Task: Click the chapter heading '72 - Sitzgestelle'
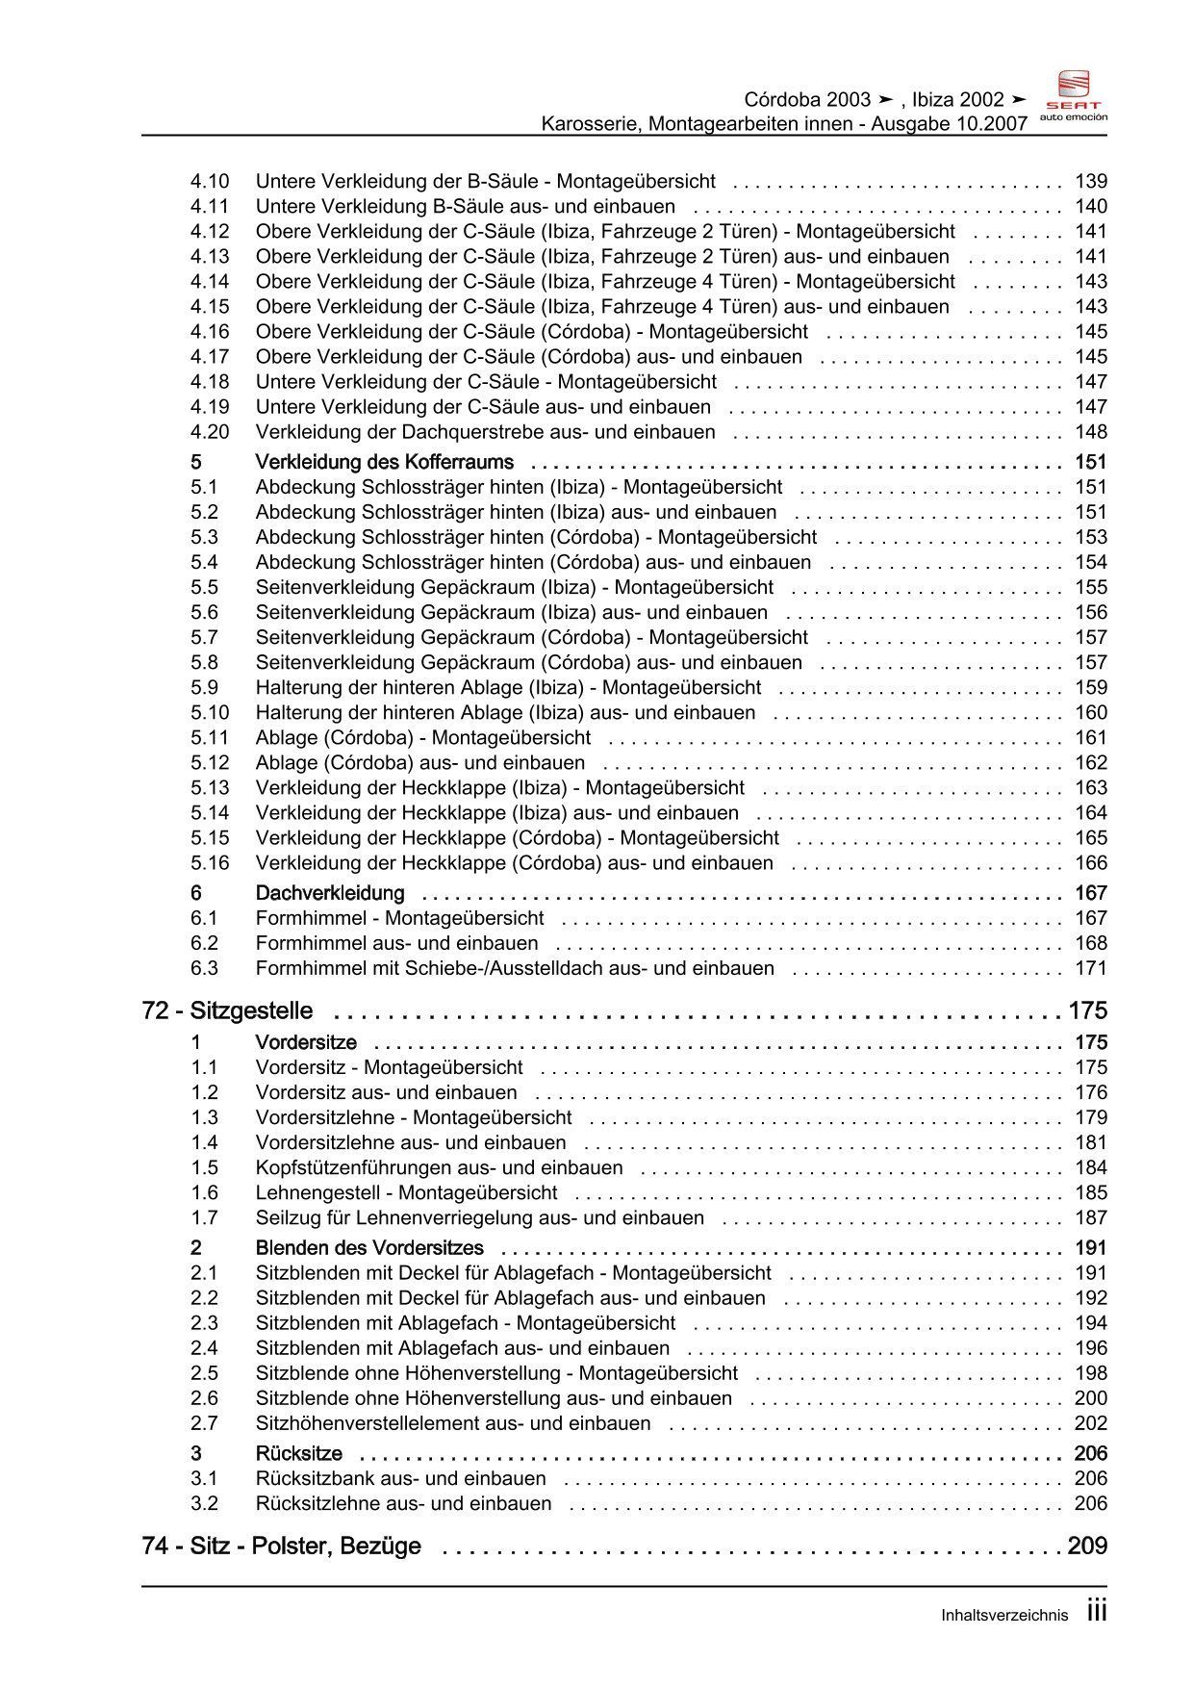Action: coord(227,1010)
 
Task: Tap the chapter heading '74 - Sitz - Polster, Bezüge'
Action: coord(281,1546)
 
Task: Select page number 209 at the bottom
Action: coord(1087,1546)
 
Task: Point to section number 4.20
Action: coord(210,432)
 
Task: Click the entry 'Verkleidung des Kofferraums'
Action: coord(384,462)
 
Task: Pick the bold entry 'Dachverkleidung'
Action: coord(330,893)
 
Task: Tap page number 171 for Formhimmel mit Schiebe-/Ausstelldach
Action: coord(1091,968)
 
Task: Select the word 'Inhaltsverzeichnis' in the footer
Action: coord(1004,1616)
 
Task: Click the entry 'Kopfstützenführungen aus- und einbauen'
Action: coord(439,1167)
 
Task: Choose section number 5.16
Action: coord(210,863)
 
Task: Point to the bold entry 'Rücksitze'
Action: coord(298,1453)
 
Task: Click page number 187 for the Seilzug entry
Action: coord(1091,1217)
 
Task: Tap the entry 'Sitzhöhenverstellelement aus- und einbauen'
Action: coord(452,1423)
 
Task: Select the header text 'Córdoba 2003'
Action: coord(807,100)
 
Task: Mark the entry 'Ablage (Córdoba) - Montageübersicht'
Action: coord(422,738)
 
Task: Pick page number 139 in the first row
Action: coord(1091,181)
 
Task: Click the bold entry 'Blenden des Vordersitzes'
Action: coord(369,1248)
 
